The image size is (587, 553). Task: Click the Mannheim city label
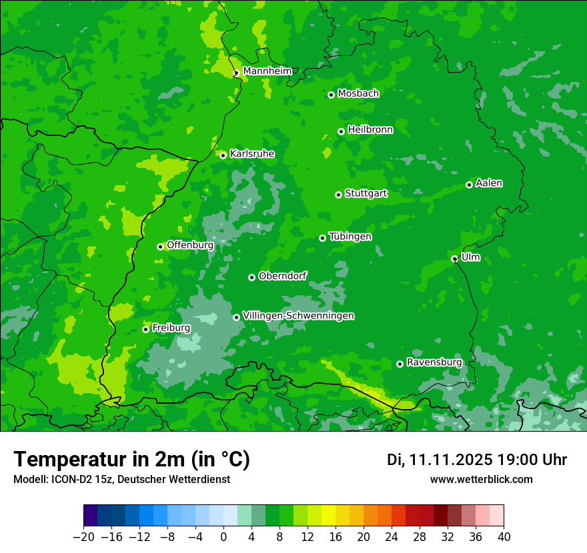[267, 71]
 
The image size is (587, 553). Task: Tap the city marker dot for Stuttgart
[338, 195]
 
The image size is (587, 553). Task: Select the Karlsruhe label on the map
[251, 154]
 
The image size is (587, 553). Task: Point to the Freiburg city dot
[145, 329]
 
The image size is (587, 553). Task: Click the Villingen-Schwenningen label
[298, 316]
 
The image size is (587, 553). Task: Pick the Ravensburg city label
[434, 362]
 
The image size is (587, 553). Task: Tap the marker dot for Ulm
[454, 259]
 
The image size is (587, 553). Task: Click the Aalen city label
[489, 183]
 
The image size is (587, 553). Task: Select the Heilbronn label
[370, 130]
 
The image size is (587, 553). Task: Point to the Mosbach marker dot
[331, 95]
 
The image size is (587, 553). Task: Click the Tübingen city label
[350, 237]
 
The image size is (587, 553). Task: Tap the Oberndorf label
[282, 276]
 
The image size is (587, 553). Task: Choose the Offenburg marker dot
[160, 247]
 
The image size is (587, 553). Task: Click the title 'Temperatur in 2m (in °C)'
[131, 460]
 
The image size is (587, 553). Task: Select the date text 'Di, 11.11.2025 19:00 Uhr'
[477, 460]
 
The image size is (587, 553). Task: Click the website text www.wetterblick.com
[481, 479]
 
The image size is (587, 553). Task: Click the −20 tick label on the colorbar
[83, 537]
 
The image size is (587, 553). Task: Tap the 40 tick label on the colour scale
[504, 537]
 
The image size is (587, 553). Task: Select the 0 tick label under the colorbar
[223, 537]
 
